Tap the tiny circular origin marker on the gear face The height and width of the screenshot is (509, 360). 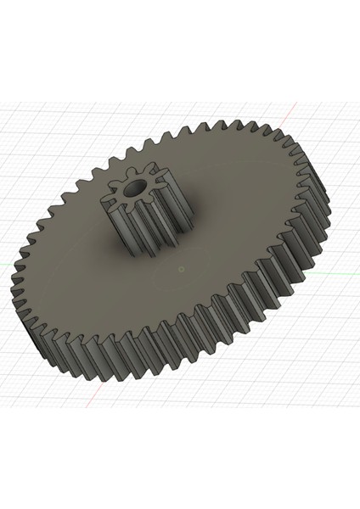coord(182,269)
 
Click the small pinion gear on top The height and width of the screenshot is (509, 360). coord(140,212)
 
